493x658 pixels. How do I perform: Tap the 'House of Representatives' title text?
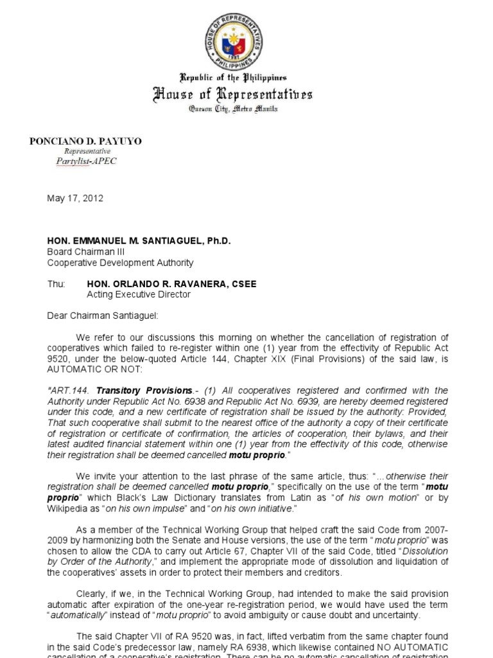click(x=233, y=95)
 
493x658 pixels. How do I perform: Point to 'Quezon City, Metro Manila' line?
click(x=233, y=110)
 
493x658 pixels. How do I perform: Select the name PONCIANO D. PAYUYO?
click(x=86, y=141)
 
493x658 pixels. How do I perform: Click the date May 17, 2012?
click(x=75, y=199)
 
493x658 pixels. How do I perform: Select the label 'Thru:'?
click(x=56, y=284)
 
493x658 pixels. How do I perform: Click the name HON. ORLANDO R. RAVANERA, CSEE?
click(x=171, y=284)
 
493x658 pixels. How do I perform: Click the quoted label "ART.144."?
click(x=69, y=390)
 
